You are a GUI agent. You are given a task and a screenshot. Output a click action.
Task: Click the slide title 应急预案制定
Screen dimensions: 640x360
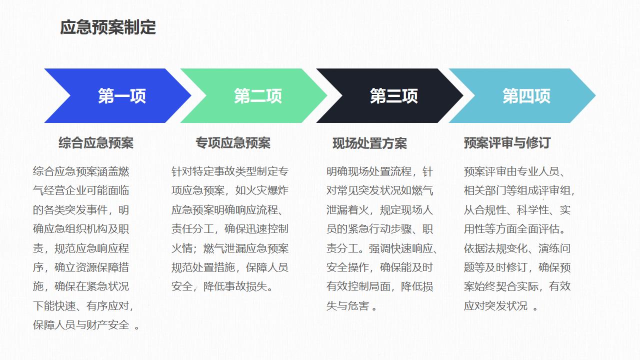tap(107, 27)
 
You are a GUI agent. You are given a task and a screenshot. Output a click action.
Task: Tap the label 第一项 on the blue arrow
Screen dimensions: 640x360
tap(122, 96)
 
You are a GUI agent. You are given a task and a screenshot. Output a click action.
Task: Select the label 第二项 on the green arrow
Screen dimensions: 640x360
tap(258, 96)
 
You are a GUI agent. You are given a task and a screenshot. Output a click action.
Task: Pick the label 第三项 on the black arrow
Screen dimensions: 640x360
tap(394, 96)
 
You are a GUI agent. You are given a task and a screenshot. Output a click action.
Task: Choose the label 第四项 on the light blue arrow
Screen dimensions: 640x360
tap(526, 96)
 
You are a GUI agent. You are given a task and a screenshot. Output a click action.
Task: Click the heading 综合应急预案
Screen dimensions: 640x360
tap(96, 143)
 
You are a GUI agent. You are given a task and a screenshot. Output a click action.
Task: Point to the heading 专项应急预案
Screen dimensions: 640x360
tap(233, 143)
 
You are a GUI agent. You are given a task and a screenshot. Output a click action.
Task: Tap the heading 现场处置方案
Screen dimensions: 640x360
tap(369, 143)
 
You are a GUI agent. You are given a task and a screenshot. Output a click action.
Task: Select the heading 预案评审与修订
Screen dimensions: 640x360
tap(507, 143)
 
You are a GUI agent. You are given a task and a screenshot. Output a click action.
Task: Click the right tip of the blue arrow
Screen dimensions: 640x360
tap(191, 95)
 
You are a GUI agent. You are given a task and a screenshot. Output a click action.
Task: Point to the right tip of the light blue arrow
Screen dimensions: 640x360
tap(595, 95)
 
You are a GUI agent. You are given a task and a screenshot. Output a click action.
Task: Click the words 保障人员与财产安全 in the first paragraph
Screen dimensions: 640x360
tap(81, 325)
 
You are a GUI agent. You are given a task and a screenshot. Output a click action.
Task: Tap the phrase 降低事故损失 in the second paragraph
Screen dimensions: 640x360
tap(235, 286)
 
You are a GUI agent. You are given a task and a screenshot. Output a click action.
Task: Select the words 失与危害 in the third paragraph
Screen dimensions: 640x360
tap(347, 306)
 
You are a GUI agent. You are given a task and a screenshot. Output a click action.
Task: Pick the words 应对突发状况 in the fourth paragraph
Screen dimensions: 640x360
tap(495, 306)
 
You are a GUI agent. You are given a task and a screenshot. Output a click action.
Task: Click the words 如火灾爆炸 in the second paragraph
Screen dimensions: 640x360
tap(261, 190)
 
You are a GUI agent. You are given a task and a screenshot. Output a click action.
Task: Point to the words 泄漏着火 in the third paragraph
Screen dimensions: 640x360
tap(347, 210)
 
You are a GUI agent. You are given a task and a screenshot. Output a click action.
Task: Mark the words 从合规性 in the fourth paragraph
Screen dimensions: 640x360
tap(485, 210)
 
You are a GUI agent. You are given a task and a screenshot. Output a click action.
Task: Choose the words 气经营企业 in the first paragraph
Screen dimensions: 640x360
tap(59, 190)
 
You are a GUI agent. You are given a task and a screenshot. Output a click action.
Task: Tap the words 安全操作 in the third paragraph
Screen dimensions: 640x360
tap(347, 267)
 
